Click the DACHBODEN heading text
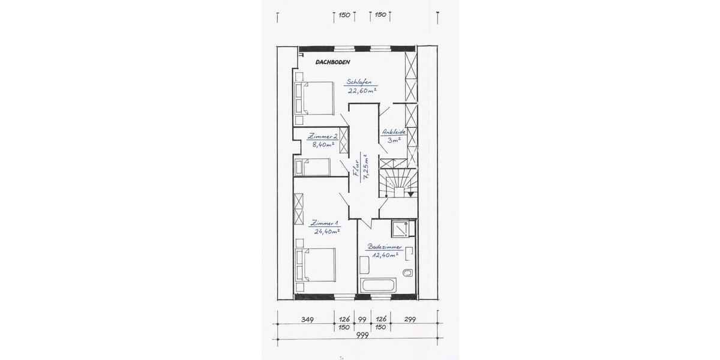tap(332, 62)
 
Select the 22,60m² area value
tap(362, 91)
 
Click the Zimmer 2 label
tap(323, 136)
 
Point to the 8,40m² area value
tap(323, 145)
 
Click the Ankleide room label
tap(394, 132)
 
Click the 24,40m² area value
tap(325, 231)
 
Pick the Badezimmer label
tap(385, 247)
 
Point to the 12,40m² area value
tap(384, 255)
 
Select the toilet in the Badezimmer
tap(408, 274)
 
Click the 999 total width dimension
tap(362, 335)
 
